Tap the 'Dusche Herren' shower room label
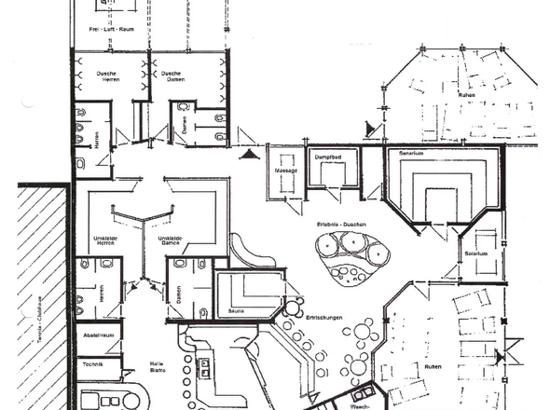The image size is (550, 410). (x=100, y=76)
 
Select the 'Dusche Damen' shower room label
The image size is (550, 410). (x=170, y=76)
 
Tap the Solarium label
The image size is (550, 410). (x=476, y=253)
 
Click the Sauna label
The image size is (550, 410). (x=235, y=311)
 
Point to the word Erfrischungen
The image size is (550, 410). (x=323, y=320)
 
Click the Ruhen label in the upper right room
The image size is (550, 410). (x=466, y=95)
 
